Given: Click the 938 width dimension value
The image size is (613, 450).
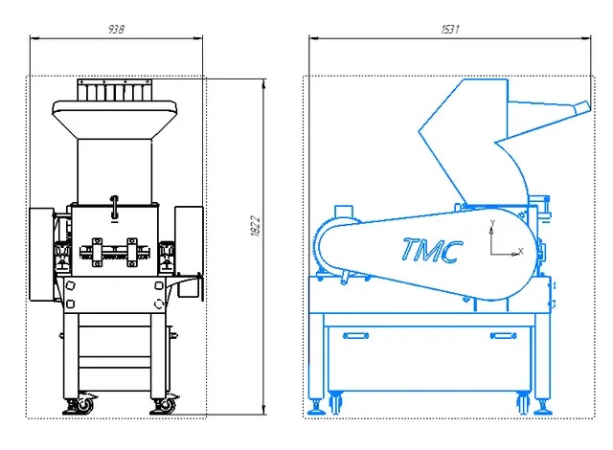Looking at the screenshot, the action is (116, 30).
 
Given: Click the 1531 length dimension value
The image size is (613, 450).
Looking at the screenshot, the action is (450, 30).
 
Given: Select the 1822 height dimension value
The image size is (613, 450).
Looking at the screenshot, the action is (255, 226).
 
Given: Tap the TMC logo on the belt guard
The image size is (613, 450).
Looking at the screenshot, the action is (432, 251).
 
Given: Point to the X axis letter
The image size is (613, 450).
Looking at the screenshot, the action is (520, 251).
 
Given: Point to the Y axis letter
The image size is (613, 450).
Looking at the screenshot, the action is (492, 223).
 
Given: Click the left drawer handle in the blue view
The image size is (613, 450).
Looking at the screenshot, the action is (355, 335).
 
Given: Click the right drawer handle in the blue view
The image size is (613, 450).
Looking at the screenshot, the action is (503, 335).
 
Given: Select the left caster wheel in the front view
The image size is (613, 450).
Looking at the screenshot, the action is (84, 404).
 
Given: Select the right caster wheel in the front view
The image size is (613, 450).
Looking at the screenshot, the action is (168, 405).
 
